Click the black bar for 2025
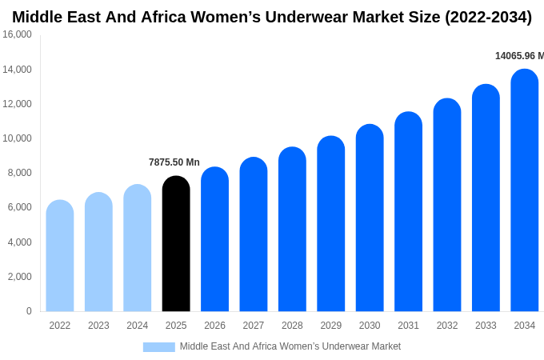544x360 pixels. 176,244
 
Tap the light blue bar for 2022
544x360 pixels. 60,256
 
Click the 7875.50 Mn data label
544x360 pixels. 174,162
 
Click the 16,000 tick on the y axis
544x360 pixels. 17,34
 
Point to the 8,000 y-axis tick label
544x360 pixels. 19,173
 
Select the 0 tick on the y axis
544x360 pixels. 29,311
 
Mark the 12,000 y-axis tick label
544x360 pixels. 17,104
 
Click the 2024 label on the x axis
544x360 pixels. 138,326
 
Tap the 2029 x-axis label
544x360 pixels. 331,326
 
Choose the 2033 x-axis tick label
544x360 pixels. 486,326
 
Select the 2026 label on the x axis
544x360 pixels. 214,326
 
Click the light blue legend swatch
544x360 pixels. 158,347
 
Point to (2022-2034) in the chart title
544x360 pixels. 488,17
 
